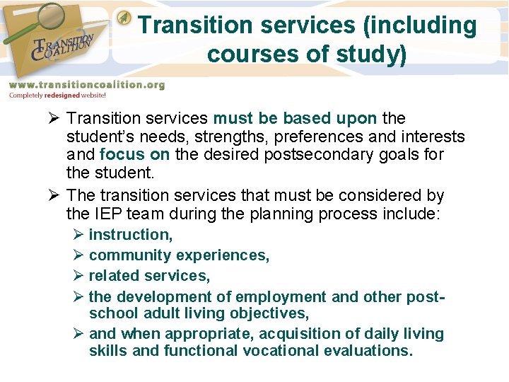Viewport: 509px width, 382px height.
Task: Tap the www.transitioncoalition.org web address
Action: [86, 85]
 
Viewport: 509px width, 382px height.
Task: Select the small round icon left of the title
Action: [124, 16]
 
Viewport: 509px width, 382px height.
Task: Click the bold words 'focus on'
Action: [127, 154]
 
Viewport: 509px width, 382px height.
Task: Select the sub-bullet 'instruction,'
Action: [131, 235]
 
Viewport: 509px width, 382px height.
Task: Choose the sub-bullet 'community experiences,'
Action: [179, 255]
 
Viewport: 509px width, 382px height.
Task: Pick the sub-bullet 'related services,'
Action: [149, 276]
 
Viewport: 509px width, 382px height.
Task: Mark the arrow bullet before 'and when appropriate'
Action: [78, 334]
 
